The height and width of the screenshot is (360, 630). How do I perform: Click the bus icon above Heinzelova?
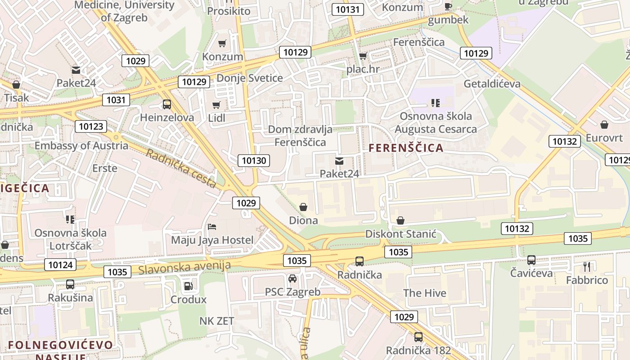[167, 104]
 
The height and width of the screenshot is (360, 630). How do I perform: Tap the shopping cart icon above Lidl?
[216, 105]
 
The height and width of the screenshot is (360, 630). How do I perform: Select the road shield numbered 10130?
[254, 160]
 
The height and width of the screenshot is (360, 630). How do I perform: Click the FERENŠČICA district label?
[406, 148]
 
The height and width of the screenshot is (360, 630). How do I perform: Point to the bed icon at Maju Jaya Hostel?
[212, 227]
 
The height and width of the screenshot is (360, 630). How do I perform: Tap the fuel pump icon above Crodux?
[188, 286]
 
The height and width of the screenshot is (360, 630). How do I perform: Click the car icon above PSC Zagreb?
[292, 279]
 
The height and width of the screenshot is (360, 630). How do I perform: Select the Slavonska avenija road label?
[184, 268]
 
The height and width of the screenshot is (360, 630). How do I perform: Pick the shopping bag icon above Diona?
[304, 207]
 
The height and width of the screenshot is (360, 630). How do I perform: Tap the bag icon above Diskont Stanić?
[400, 220]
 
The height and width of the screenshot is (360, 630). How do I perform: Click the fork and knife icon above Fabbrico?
[587, 266]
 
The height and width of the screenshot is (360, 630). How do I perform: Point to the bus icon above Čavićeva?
[531, 260]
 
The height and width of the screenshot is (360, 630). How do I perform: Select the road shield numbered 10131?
[347, 9]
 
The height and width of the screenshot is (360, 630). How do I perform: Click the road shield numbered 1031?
[116, 99]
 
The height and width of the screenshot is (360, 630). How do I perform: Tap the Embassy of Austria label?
[81, 146]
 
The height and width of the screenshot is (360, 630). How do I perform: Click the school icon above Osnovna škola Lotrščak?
[70, 220]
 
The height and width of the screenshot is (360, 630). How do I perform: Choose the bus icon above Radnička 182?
[418, 337]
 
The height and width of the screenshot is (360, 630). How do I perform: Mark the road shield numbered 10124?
[60, 264]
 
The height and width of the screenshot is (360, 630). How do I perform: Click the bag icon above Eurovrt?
[604, 124]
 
